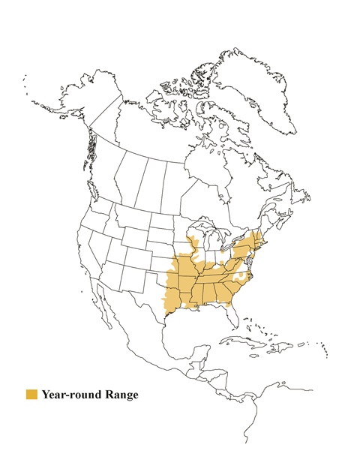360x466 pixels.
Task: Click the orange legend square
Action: point(31,394)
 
